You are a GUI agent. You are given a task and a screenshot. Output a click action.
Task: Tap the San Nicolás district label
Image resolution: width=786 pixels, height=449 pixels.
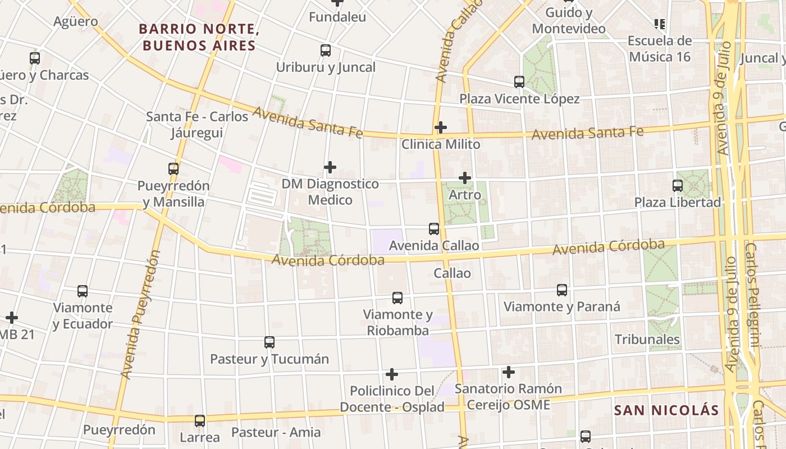[x=666, y=410]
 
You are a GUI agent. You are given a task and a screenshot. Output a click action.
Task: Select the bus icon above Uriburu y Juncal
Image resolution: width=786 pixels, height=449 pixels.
[x=326, y=51]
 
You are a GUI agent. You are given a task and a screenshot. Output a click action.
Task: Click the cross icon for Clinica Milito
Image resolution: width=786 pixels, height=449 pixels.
[x=441, y=127]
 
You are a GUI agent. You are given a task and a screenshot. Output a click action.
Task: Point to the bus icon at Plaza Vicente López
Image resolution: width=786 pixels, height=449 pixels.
[x=519, y=82]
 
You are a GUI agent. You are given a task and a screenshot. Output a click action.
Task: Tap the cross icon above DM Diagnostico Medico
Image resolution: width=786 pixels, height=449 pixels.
[x=330, y=167]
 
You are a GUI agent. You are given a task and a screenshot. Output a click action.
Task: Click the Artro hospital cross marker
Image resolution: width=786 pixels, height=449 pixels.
[x=465, y=178]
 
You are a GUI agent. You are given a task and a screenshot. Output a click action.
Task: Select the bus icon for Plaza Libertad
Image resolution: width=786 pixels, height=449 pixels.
[x=678, y=185]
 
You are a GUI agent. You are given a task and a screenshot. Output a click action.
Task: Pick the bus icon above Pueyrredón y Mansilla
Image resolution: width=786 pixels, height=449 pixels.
[x=173, y=168]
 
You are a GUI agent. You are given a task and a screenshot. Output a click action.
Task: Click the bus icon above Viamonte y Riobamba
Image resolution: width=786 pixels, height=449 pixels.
[x=397, y=297]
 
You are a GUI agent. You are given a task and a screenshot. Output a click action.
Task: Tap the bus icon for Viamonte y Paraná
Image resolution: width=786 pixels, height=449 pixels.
[x=562, y=290]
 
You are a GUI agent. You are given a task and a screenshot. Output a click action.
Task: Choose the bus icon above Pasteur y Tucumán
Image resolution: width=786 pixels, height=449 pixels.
[x=269, y=342]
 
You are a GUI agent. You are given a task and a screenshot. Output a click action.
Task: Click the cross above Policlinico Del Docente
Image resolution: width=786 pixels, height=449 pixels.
[x=392, y=374]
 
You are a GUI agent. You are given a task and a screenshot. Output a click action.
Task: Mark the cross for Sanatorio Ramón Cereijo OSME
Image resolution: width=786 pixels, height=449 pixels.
[x=509, y=372]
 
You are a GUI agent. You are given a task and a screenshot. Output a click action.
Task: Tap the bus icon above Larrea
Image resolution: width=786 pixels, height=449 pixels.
[x=200, y=420]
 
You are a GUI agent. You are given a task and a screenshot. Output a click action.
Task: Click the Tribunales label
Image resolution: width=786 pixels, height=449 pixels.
[x=647, y=340]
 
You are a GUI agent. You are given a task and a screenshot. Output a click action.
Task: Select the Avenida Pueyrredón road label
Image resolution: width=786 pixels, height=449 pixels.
[x=140, y=314]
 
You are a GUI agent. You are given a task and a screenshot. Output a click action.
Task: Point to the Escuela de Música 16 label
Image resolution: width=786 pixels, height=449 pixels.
[x=660, y=49]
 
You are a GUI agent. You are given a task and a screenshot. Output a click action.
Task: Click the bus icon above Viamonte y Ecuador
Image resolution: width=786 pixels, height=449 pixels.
[x=83, y=291]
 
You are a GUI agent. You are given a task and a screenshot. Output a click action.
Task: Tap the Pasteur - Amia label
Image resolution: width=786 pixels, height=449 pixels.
[x=276, y=432]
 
